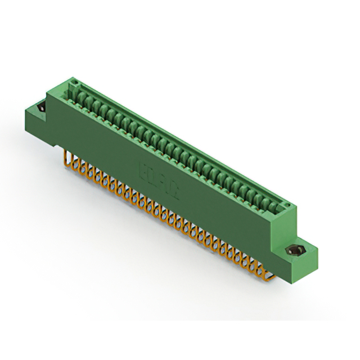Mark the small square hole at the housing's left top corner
click(71, 84)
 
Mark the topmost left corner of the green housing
click(70, 79)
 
